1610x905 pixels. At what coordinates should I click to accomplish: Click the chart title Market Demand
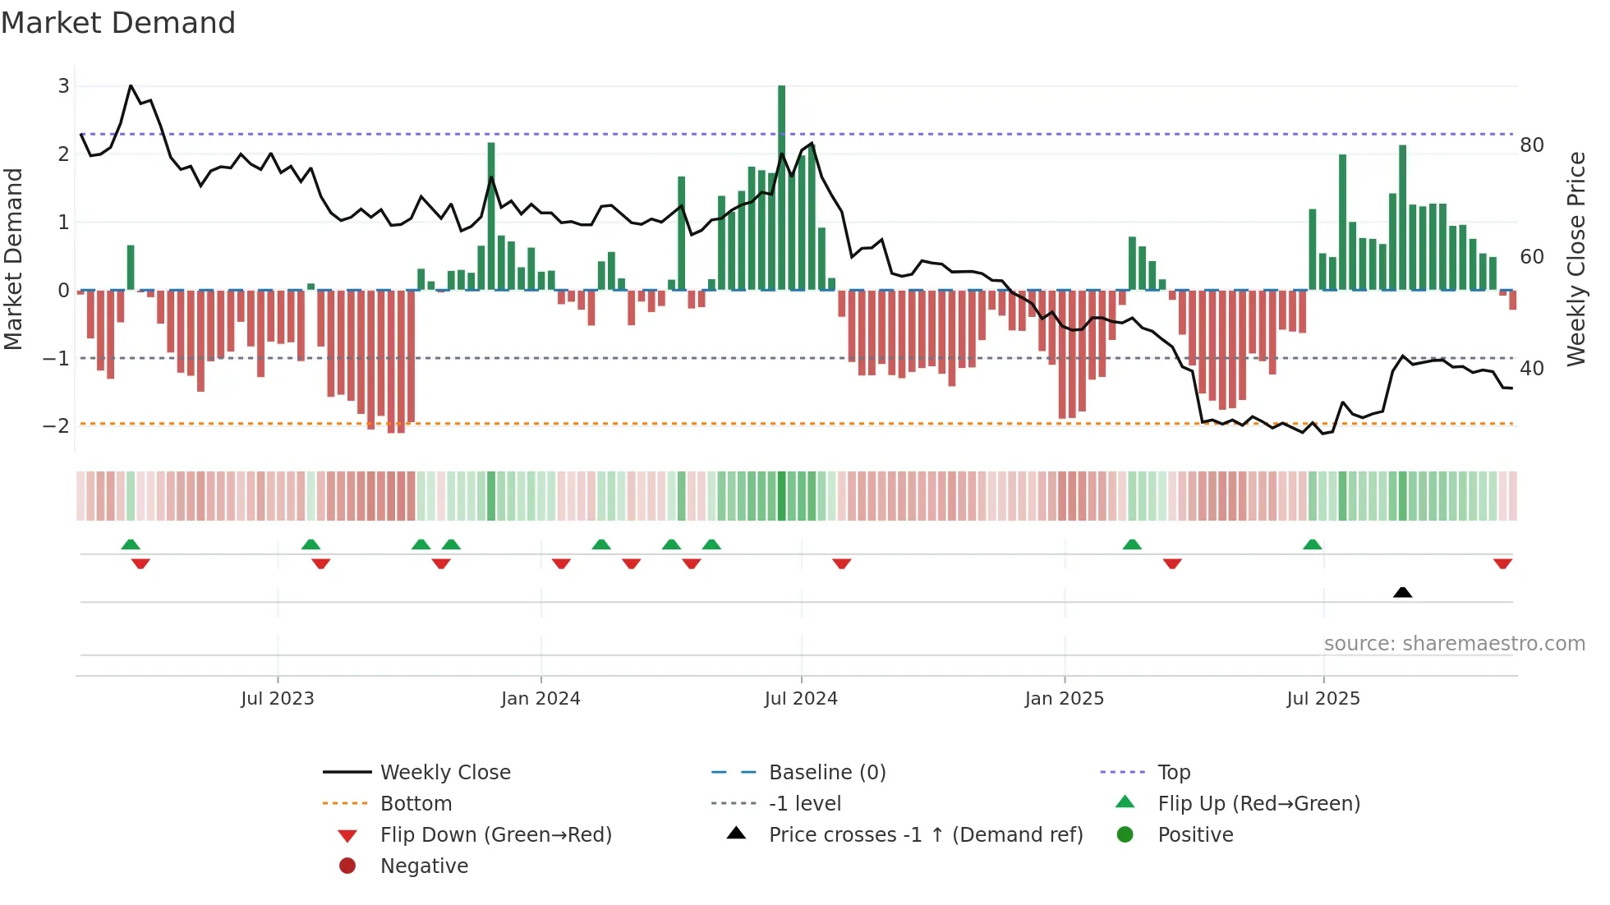click(x=118, y=23)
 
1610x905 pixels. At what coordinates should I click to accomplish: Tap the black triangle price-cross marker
click(x=1402, y=592)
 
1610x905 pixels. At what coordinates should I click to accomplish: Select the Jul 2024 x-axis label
click(x=800, y=699)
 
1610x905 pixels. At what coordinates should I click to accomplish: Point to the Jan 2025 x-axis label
click(x=1064, y=699)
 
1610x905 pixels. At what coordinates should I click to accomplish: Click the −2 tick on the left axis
click(x=56, y=425)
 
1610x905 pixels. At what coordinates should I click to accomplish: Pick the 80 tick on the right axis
click(x=1531, y=145)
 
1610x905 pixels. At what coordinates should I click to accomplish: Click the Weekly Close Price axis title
click(x=1575, y=259)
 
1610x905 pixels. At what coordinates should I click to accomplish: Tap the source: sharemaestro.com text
click(x=1454, y=644)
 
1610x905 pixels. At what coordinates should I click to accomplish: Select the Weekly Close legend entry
click(x=444, y=773)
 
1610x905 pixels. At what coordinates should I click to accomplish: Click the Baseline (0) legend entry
click(x=826, y=773)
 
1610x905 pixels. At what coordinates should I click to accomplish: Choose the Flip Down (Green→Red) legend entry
click(x=495, y=835)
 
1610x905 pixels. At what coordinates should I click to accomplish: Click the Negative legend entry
click(x=424, y=866)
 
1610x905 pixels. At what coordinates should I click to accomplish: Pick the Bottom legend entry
click(x=416, y=804)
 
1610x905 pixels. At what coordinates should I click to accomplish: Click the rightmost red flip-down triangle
click(x=1502, y=563)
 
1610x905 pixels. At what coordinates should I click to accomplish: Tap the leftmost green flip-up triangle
click(x=131, y=544)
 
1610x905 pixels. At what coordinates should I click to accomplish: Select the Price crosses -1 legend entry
click(x=925, y=835)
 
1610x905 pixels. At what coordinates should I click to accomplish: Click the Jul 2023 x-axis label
click(x=277, y=699)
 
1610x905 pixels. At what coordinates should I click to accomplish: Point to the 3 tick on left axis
click(x=63, y=85)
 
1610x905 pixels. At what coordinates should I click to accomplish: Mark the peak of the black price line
click(x=131, y=85)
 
